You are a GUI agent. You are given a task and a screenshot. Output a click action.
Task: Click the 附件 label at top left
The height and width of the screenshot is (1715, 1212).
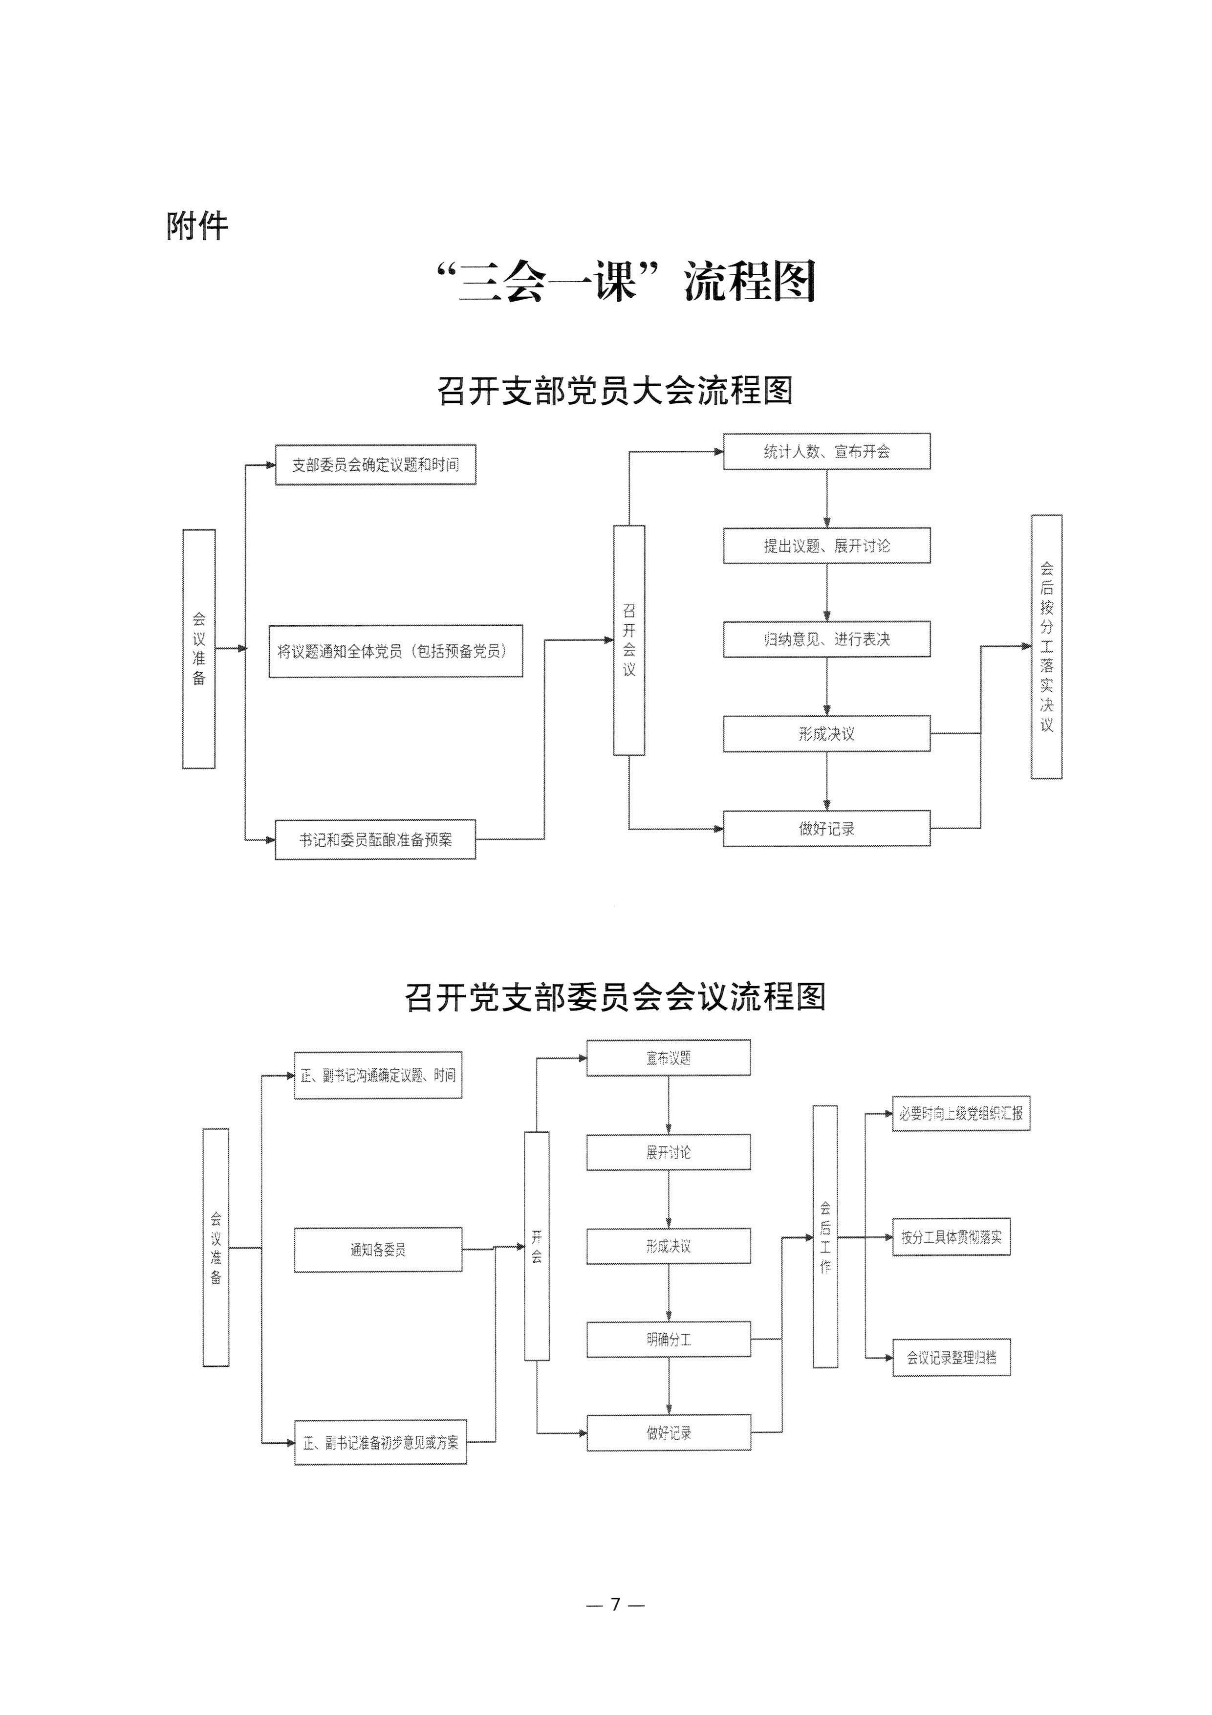tap(197, 225)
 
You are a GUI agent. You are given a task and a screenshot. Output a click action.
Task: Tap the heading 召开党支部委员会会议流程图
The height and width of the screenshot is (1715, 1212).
tap(615, 997)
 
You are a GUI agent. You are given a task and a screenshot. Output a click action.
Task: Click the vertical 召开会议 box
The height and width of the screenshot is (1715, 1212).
tap(629, 640)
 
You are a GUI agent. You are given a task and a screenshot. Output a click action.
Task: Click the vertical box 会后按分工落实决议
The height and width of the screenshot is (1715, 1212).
tap(1046, 647)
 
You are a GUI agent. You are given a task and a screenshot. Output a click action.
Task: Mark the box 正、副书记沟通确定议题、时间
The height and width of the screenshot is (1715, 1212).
tap(378, 1076)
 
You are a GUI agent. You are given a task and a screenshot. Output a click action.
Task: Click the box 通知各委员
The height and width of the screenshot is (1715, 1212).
tap(378, 1250)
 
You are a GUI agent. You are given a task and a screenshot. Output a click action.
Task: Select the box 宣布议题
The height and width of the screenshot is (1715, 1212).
tap(669, 1057)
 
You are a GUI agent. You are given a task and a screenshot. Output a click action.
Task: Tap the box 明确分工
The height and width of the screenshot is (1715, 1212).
tap(669, 1340)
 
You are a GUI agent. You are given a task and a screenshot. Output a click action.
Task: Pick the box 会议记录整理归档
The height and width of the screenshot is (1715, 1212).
tap(952, 1358)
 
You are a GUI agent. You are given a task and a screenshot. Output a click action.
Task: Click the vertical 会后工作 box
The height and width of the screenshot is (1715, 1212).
tap(825, 1237)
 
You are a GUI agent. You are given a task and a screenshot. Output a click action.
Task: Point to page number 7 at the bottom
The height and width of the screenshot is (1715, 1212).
tap(615, 1605)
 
